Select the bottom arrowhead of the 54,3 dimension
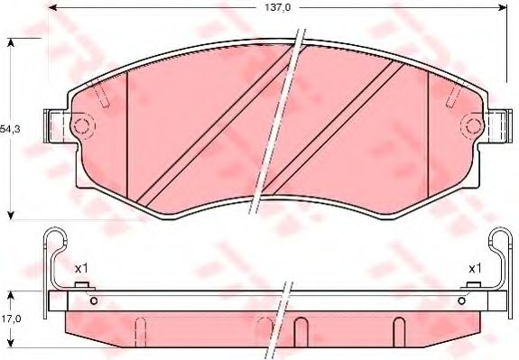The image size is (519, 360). (x=11, y=216)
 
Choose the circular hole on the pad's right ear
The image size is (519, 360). (x=470, y=125)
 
